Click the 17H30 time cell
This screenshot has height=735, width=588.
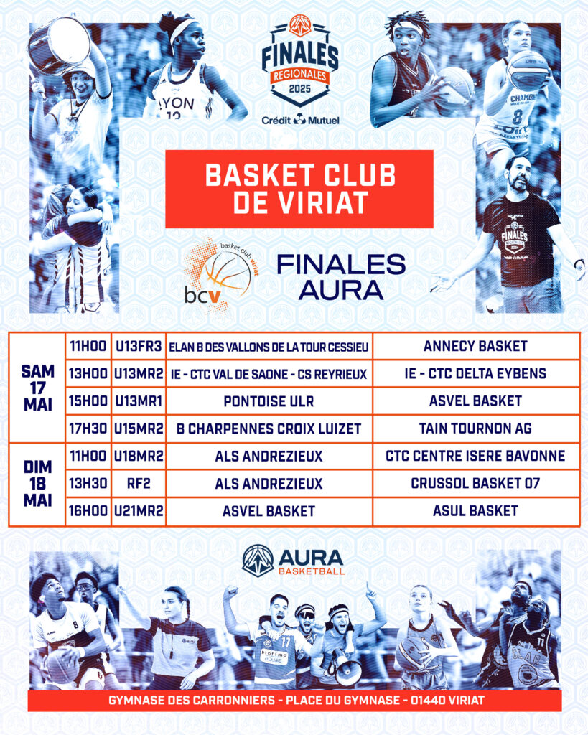(x=88, y=429)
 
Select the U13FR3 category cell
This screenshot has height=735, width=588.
(x=139, y=347)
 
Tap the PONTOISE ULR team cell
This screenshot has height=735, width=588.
(x=269, y=402)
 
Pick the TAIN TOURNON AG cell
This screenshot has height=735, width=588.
(x=476, y=429)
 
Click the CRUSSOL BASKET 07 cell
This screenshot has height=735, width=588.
(x=476, y=484)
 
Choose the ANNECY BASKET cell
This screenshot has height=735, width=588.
(x=476, y=347)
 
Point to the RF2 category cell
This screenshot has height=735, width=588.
(x=139, y=484)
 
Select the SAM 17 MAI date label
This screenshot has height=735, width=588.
(x=37, y=388)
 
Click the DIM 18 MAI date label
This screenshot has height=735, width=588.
(x=37, y=484)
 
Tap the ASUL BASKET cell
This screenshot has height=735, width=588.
(x=476, y=511)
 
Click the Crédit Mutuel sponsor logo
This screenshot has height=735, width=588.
(x=300, y=121)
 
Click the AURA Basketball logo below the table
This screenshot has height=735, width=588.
(x=294, y=560)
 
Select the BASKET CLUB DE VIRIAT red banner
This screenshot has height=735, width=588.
(x=299, y=189)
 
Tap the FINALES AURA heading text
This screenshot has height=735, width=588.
(x=341, y=277)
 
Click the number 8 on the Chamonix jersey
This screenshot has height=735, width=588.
(x=517, y=116)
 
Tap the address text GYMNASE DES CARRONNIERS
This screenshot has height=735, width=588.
(x=192, y=701)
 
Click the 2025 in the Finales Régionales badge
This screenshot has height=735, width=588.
(x=300, y=88)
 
